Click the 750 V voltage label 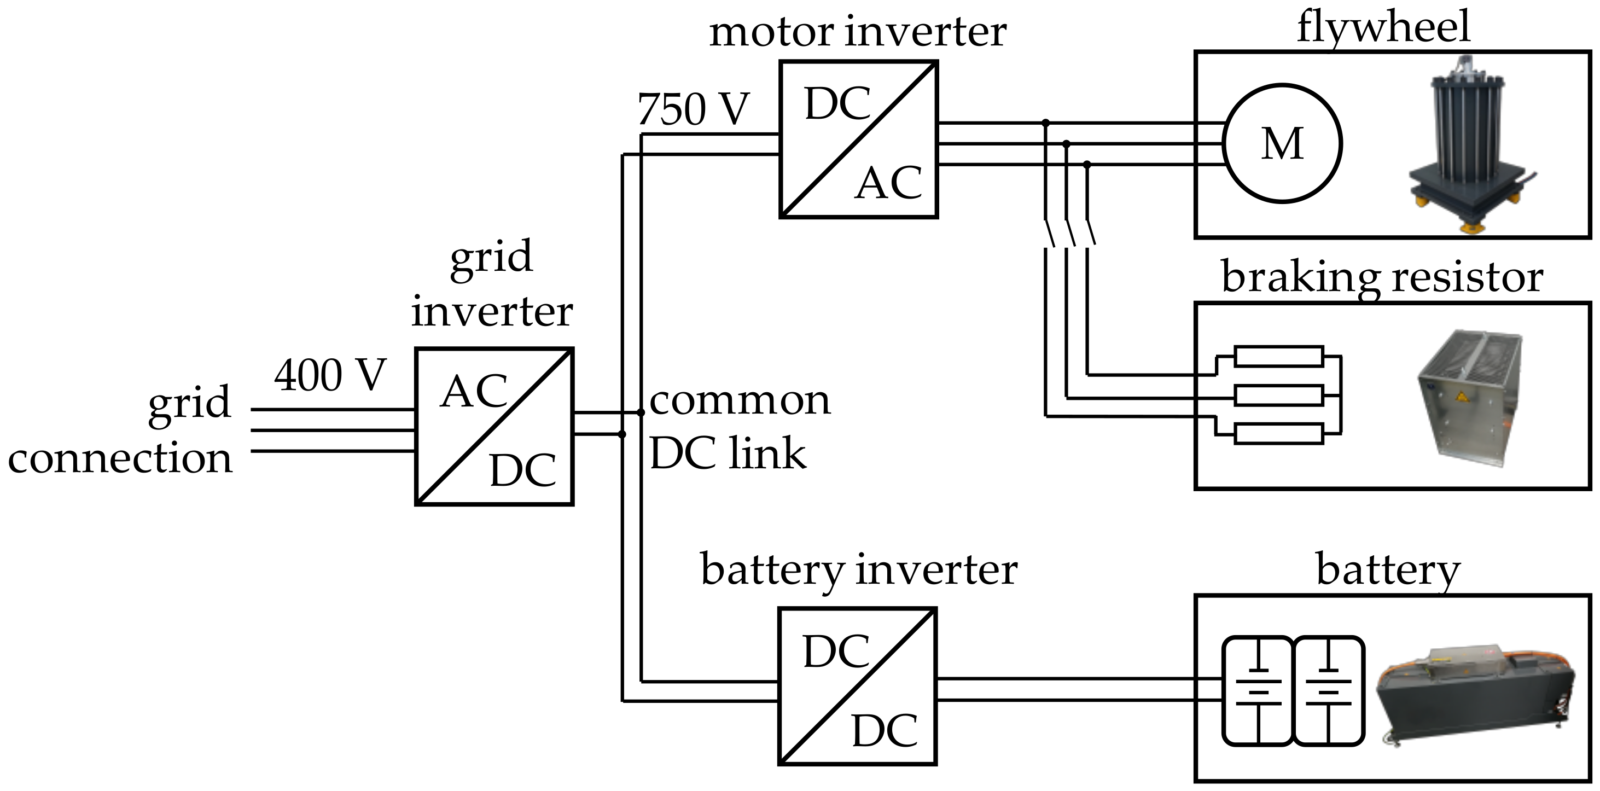[693, 110]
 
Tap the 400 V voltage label [330, 376]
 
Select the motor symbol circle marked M [1282, 143]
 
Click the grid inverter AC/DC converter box [494, 426]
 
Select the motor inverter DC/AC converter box [858, 139]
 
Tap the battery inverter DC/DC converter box [857, 686]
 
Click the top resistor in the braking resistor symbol [1278, 357]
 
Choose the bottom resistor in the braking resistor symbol [1278, 434]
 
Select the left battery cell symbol [1258, 690]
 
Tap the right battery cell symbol [1329, 690]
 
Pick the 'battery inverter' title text [858, 570]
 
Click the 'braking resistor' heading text [1381, 278]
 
